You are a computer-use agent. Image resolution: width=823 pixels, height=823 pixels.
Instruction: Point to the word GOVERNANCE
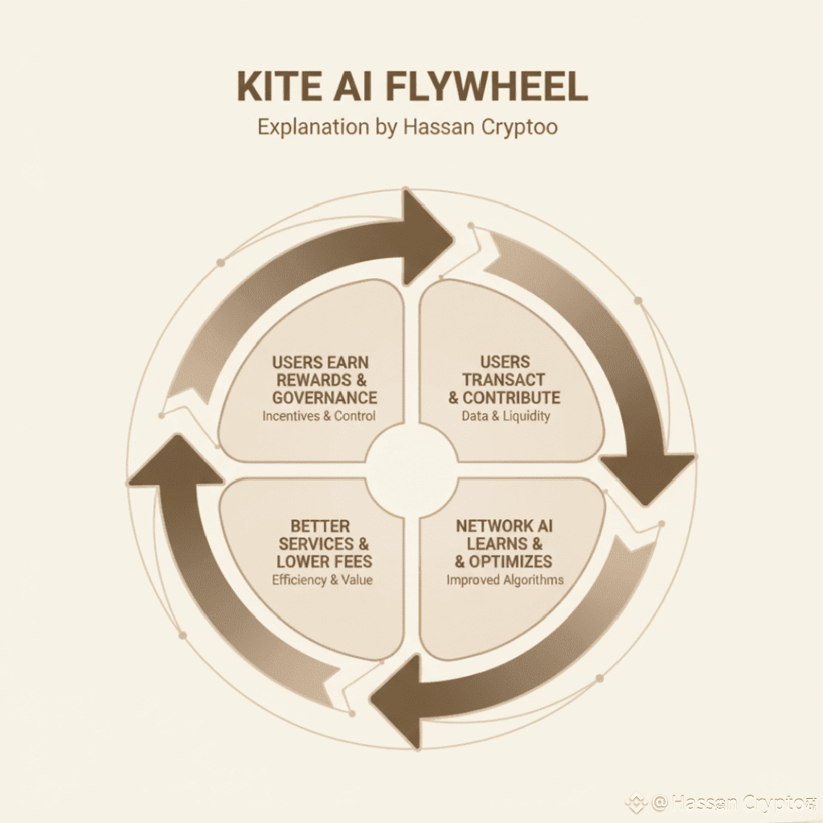(x=325, y=397)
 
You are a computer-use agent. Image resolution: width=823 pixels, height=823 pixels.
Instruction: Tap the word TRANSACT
(x=504, y=379)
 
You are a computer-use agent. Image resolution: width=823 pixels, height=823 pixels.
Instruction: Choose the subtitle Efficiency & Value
(x=322, y=579)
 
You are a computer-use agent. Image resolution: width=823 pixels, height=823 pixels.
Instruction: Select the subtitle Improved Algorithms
(x=505, y=579)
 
